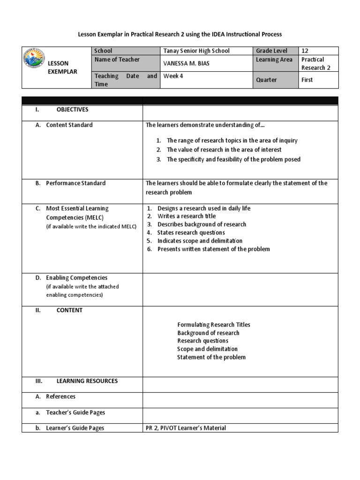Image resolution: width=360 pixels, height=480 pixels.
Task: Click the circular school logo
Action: [x=34, y=62]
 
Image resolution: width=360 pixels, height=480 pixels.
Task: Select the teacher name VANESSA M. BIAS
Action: [x=186, y=63]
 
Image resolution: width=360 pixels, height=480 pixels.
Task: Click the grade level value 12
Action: [x=305, y=51]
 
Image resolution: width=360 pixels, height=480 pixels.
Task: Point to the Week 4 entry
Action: [x=172, y=76]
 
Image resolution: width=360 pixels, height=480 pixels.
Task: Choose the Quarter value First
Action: [x=307, y=80]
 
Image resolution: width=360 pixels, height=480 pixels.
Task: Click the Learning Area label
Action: [x=274, y=60]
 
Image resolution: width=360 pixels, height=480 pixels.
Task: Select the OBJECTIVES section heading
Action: [x=72, y=110]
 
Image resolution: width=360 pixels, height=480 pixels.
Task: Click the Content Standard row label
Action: [x=69, y=125]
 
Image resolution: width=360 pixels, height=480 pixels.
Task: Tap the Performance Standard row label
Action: [x=75, y=183]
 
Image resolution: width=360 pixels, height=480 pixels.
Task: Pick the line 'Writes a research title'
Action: [x=187, y=216]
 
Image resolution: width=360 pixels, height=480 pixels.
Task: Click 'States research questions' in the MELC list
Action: [x=191, y=232]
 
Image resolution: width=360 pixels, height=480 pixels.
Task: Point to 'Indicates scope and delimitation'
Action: [x=200, y=241]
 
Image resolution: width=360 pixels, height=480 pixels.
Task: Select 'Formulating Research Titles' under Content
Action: [x=214, y=325]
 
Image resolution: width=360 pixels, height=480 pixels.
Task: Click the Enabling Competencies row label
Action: [x=76, y=278]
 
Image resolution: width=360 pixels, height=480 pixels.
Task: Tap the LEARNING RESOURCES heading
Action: [x=87, y=381]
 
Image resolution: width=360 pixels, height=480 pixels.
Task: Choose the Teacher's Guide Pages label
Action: [x=75, y=412]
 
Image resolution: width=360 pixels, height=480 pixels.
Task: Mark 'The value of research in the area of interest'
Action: [x=224, y=150]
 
